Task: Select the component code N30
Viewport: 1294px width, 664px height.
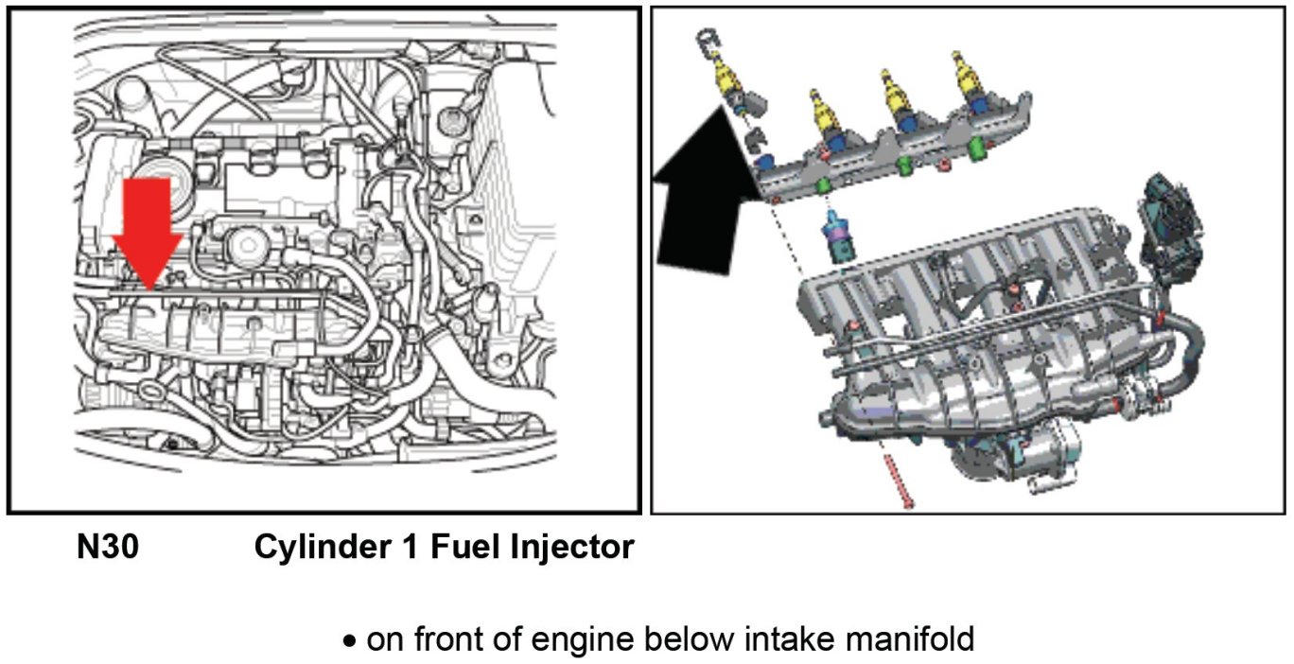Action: tap(107, 547)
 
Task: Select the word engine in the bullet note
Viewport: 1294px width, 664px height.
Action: tap(578, 639)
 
